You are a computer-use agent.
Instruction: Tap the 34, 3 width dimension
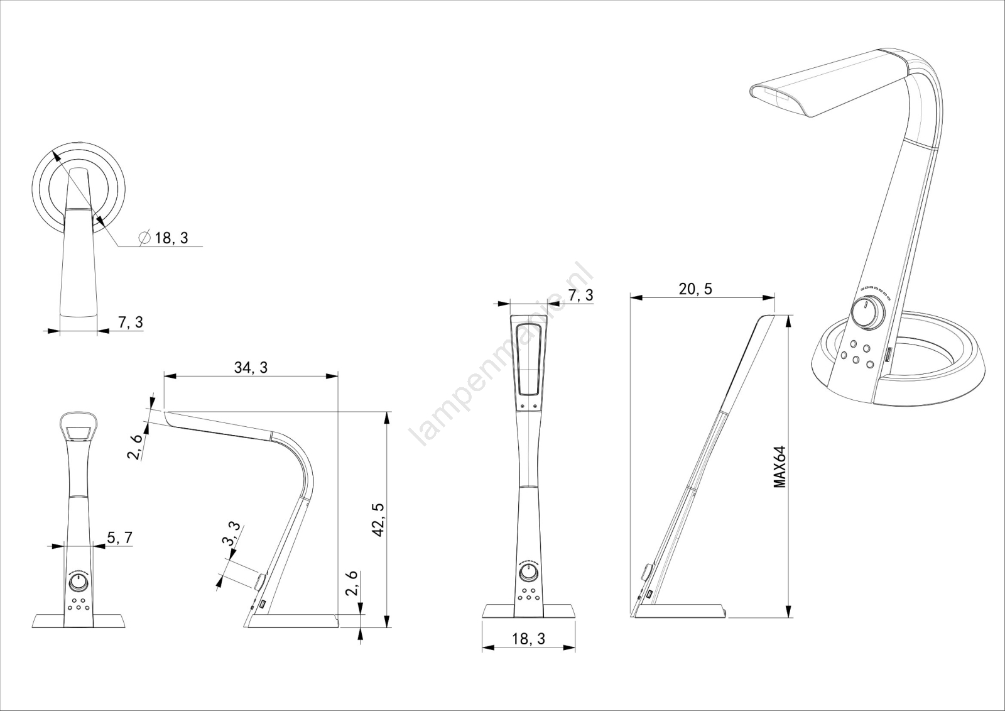[251, 368]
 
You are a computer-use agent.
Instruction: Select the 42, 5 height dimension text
[378, 519]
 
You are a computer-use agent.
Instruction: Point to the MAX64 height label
[780, 467]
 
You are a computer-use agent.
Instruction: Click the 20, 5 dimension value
[695, 289]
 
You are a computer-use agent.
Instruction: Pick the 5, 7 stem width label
[119, 537]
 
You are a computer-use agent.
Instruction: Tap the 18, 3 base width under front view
[528, 639]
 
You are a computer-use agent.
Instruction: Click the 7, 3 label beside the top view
[130, 322]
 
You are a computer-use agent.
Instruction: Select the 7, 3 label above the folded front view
[580, 295]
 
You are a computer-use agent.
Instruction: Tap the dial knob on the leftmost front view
[79, 583]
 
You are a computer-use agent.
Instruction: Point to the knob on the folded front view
[528, 574]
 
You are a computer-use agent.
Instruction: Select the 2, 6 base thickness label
[352, 583]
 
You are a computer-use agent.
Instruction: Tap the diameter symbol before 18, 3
[144, 238]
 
